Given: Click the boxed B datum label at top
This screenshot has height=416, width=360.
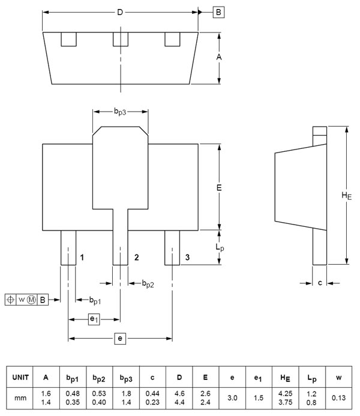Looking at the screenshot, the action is (x=218, y=12).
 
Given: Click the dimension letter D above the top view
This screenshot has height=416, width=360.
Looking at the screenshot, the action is (x=120, y=12).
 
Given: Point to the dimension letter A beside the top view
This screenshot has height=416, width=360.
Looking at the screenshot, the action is (x=219, y=57).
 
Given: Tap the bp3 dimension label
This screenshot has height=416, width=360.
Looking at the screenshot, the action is (x=120, y=112).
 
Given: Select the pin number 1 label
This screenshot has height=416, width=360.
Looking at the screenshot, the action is (x=82, y=257).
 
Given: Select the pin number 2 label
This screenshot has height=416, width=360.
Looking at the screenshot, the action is (x=137, y=257).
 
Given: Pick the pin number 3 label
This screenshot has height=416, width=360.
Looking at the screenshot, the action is (x=187, y=257).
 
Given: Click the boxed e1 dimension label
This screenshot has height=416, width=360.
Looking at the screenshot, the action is (x=94, y=319).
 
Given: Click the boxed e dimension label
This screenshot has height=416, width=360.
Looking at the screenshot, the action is (x=120, y=339).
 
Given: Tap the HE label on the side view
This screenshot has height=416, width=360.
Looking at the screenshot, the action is (x=346, y=196).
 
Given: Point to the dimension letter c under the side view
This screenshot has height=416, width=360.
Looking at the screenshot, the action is (x=320, y=283).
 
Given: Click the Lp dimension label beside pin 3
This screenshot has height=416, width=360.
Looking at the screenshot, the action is (x=220, y=247).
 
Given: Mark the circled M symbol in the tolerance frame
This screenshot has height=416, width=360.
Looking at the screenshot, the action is (x=31, y=300).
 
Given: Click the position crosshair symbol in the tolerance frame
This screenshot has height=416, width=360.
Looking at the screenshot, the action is (x=11, y=300).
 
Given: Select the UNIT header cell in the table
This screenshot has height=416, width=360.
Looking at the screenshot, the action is (x=20, y=377).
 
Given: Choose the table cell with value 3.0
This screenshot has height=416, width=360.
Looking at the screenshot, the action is (x=232, y=398).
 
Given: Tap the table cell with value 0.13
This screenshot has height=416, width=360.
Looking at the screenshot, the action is (x=339, y=398).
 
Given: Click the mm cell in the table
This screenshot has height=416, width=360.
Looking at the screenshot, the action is (x=20, y=398).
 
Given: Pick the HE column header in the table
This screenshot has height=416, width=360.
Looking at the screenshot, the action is (x=285, y=377).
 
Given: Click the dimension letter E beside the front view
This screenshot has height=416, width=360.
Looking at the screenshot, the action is (x=219, y=187).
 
